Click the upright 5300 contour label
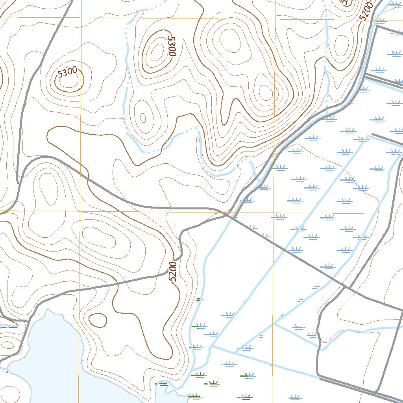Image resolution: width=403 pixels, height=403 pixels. tap(67, 72)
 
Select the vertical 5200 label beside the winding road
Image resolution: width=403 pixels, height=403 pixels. tap(174, 271)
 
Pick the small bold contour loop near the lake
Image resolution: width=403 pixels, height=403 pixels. tap(98, 320)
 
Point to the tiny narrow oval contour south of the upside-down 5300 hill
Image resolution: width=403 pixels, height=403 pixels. tap(143, 118)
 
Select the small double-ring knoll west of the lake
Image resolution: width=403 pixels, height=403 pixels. tap(7, 345)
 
